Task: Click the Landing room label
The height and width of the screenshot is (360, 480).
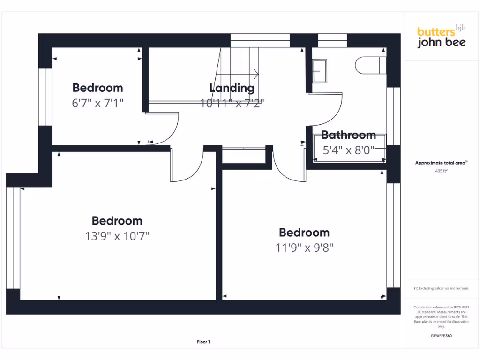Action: [x=232, y=88]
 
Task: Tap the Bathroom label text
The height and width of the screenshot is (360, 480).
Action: [x=348, y=135]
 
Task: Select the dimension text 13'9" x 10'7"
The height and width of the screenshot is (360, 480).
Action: [x=117, y=236]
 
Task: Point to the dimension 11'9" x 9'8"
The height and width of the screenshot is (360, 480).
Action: [x=304, y=247]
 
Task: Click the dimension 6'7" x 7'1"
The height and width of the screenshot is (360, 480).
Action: [x=97, y=103]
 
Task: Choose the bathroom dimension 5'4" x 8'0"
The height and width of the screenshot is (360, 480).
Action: [x=349, y=150]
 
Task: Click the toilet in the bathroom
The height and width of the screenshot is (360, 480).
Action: [x=370, y=65]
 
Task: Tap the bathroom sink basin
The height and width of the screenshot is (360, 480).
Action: [x=320, y=71]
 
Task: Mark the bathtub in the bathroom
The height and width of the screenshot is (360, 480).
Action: [x=349, y=148]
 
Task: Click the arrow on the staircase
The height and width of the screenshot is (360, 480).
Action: [x=255, y=74]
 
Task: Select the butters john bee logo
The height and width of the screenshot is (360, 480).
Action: [x=441, y=37]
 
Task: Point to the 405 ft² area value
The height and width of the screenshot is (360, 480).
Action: [x=441, y=171]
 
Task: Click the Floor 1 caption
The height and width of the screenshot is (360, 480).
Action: [x=203, y=342]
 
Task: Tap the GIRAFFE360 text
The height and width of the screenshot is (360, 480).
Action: [x=441, y=336]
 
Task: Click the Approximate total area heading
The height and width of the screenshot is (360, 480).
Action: [x=441, y=163]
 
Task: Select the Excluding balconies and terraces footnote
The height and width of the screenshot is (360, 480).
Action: [x=441, y=288]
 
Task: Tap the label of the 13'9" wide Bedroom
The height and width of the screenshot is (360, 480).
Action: [x=117, y=221]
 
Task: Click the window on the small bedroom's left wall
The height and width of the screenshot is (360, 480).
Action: [x=45, y=97]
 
